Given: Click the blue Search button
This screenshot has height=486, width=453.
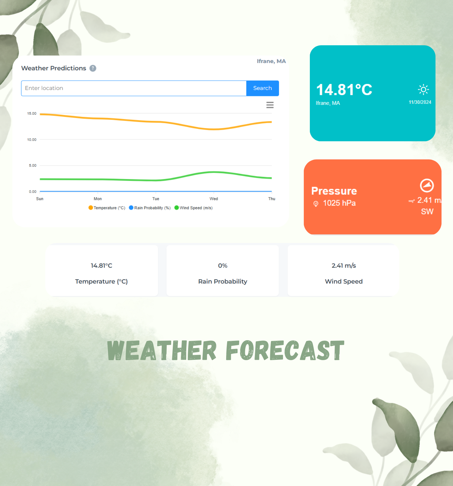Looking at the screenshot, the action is point(262,88).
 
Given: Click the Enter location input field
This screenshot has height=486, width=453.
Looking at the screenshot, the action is point(134,88).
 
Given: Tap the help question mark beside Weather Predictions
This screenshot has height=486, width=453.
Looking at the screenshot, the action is point(93,68).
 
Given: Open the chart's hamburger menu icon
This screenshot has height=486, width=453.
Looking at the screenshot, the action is point(270,105).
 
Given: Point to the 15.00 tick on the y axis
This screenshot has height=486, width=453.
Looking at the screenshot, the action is point(32,114).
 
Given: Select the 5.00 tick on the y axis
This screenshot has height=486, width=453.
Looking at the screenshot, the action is point(33,165).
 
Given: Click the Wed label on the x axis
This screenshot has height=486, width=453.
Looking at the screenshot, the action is point(214,199).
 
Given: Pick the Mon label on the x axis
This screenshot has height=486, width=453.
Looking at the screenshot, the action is point(98,199).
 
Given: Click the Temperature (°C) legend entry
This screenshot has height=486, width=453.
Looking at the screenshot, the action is point(107,208).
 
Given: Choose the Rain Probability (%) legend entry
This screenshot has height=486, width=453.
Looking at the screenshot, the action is point(149,208).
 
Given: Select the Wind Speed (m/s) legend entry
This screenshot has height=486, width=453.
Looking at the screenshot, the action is point(193,208).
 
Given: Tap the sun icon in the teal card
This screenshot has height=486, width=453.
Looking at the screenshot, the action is point(423,89).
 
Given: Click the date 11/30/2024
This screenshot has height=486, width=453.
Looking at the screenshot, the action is point(420,102).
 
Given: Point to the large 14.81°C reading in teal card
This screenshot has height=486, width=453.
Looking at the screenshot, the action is point(344,90).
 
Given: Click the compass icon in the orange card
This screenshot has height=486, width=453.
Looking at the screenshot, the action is point(427,185).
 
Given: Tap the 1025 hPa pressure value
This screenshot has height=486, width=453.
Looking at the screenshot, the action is point(339,203).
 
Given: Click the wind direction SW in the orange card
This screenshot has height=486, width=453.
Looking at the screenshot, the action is point(427,212).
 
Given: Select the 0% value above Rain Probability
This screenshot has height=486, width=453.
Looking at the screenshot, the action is point(223,266).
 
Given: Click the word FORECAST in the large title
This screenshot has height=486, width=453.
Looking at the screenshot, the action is point(285,350).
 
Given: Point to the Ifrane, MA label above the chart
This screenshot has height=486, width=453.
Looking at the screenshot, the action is point(271,61).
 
